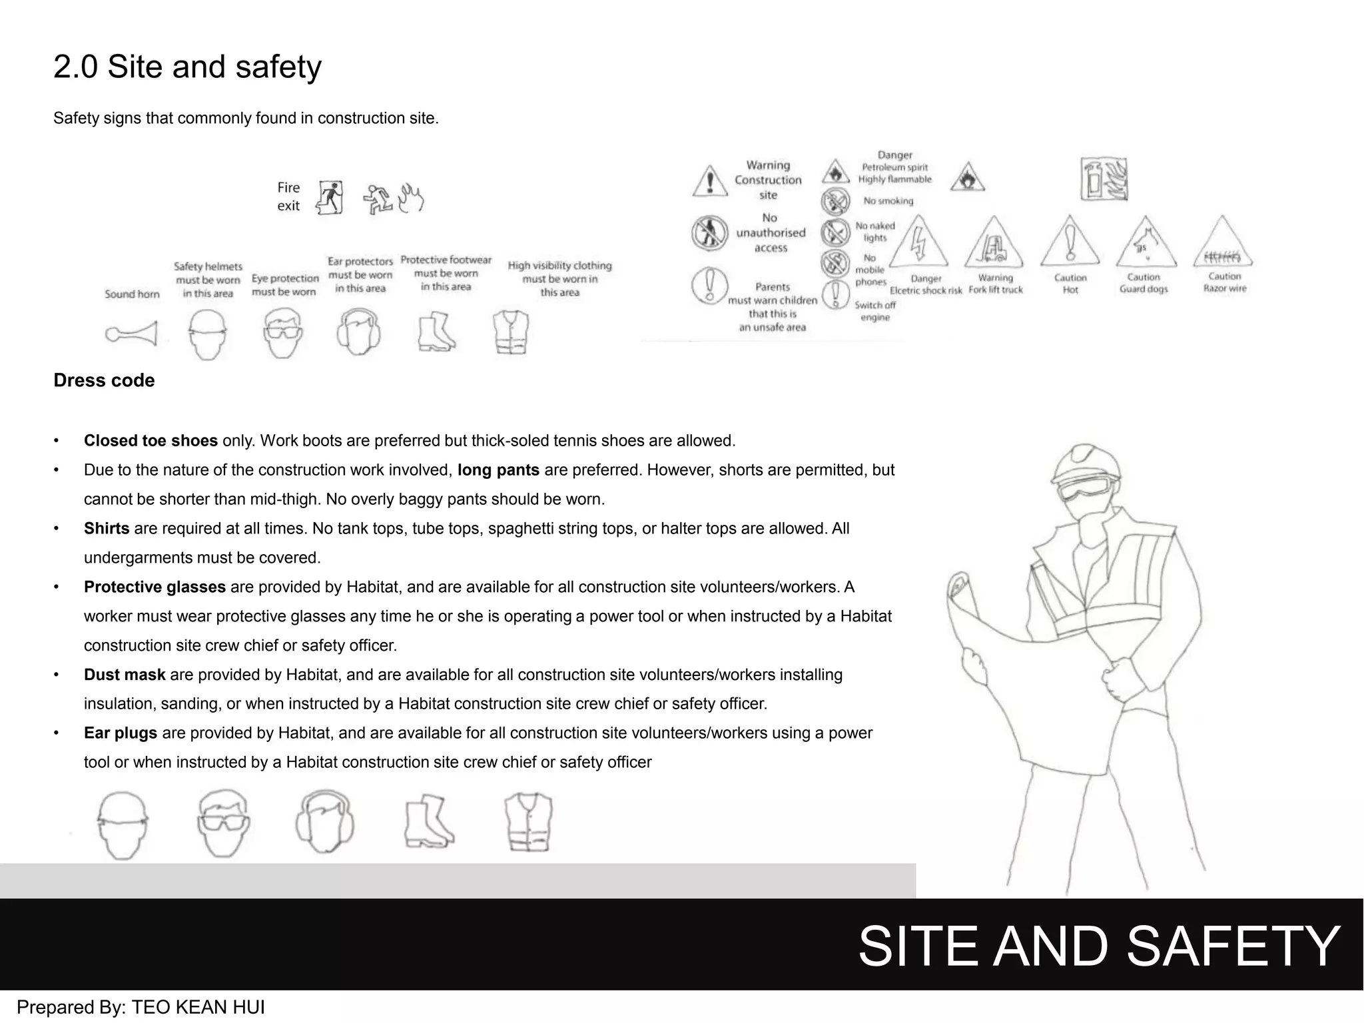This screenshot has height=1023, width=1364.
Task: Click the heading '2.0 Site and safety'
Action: tap(187, 67)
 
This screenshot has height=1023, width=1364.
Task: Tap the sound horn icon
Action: tap(132, 333)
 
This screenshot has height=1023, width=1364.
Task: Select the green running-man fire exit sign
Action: tap(330, 197)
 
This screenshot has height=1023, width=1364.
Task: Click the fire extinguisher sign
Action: tap(1104, 179)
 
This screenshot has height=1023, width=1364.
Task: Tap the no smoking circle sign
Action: tap(835, 200)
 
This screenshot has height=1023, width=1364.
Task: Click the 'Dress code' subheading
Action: tap(104, 380)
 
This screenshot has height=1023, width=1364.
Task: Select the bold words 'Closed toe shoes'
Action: tap(151, 441)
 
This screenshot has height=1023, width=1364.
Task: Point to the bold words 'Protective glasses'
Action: tap(155, 587)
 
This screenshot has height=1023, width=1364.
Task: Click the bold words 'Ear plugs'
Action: tap(121, 733)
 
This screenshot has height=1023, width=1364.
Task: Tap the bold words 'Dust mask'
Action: tap(125, 675)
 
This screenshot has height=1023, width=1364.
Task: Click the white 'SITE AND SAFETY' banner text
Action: tap(1099, 946)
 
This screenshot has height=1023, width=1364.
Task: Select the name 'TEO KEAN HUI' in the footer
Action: tap(198, 1007)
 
